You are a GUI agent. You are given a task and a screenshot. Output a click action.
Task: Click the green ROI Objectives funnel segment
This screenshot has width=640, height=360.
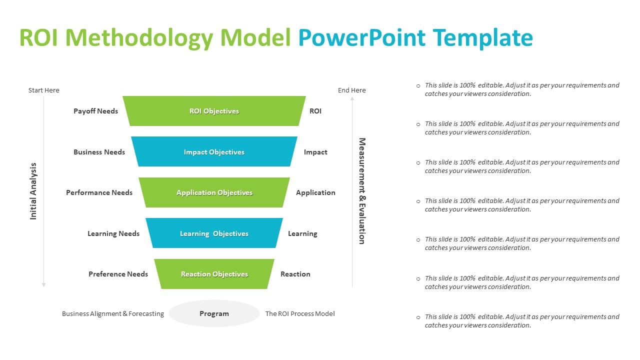[214, 111]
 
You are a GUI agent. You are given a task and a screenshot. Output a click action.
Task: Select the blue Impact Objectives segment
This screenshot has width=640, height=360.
[214, 152]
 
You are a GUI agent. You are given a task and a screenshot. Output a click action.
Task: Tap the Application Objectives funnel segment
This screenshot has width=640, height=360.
[214, 192]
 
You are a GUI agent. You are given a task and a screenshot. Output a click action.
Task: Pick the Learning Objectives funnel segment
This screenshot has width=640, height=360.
[214, 233]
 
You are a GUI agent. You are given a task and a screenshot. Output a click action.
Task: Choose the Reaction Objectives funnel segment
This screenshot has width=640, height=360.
[214, 274]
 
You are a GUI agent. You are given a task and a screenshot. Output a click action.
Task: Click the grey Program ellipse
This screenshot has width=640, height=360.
[214, 313]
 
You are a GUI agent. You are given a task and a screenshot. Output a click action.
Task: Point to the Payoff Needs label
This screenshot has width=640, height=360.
[95, 111]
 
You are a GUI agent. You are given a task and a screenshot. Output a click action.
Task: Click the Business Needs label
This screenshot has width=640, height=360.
[99, 152]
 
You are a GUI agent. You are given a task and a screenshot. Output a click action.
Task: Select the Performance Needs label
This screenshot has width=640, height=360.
[99, 192]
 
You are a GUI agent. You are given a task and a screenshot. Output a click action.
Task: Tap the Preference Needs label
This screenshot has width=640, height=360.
[118, 274]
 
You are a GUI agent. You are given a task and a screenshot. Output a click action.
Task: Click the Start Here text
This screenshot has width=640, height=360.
[43, 90]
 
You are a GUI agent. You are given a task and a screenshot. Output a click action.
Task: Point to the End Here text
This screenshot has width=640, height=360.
[351, 90]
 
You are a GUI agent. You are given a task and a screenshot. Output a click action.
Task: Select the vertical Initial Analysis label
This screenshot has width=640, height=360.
[33, 191]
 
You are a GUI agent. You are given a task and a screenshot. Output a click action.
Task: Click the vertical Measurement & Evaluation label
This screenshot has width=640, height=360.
[362, 191]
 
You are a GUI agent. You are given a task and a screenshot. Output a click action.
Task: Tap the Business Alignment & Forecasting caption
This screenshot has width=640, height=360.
[112, 314]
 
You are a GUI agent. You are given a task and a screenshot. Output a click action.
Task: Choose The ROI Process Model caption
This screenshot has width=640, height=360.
[299, 314]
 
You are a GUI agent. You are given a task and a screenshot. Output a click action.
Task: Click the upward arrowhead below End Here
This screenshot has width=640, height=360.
[352, 98]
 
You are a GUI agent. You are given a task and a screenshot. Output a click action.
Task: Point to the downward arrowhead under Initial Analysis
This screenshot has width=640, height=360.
[43, 284]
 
